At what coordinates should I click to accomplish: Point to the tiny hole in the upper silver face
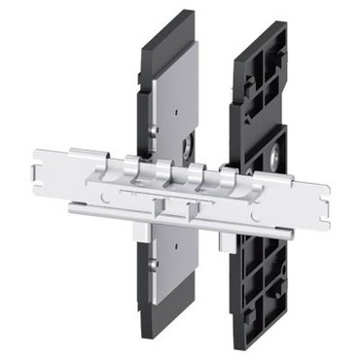(x=156, y=126)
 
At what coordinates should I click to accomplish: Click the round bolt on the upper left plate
(x=186, y=150)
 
